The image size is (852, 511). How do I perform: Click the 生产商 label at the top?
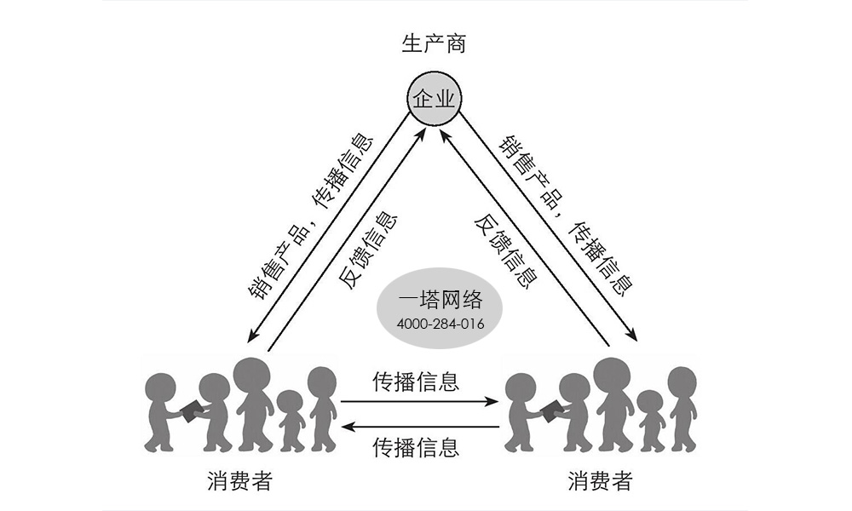click(x=434, y=44)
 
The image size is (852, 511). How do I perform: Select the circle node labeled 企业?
click(x=434, y=100)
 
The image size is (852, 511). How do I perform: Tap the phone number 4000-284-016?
click(x=440, y=324)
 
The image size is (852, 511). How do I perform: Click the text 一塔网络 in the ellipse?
click(x=440, y=300)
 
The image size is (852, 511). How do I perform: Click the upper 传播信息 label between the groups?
click(x=417, y=382)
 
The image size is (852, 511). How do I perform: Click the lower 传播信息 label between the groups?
click(x=417, y=445)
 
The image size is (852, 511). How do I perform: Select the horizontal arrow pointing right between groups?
click(x=420, y=401)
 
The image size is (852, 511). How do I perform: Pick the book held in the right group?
click(x=551, y=409)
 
